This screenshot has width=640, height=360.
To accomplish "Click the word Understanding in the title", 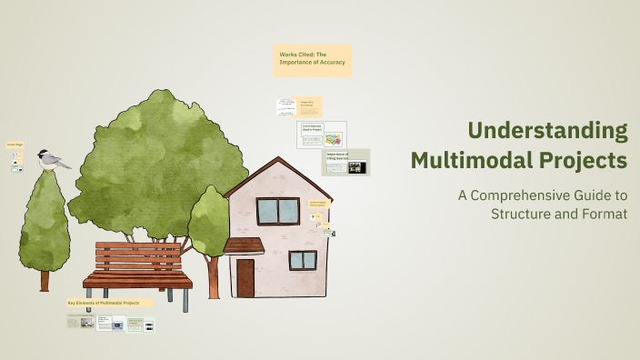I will [547, 131].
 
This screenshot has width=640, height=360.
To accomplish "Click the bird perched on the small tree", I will [54, 161].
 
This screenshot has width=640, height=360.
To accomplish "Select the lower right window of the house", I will [302, 260].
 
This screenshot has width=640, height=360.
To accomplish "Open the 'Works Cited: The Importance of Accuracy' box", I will [312, 61].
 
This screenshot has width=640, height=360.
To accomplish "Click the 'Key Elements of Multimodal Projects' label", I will [109, 302].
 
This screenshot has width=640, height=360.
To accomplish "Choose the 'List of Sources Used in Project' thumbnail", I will [323, 135].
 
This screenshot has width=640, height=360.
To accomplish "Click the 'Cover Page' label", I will [15, 144].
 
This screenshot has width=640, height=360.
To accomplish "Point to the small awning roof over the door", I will [243, 245].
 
